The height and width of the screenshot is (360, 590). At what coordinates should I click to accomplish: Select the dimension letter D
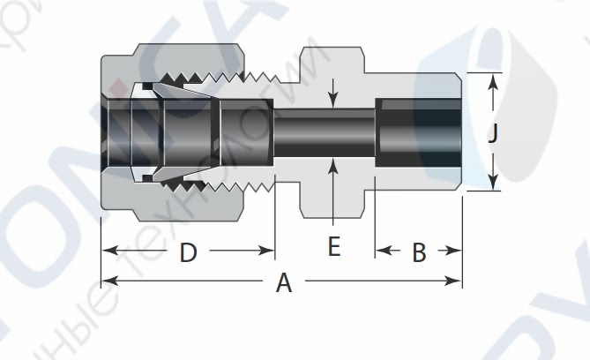pos(188,253)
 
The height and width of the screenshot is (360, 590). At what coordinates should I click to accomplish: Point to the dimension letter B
pos(419,253)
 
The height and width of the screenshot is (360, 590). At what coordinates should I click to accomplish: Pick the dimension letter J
pos(494,134)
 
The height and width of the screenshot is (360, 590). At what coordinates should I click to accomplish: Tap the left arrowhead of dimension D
pos(108,251)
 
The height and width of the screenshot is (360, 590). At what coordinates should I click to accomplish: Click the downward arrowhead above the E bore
pos(332,102)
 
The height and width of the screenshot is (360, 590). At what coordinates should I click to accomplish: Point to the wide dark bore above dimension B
pos(418,133)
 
